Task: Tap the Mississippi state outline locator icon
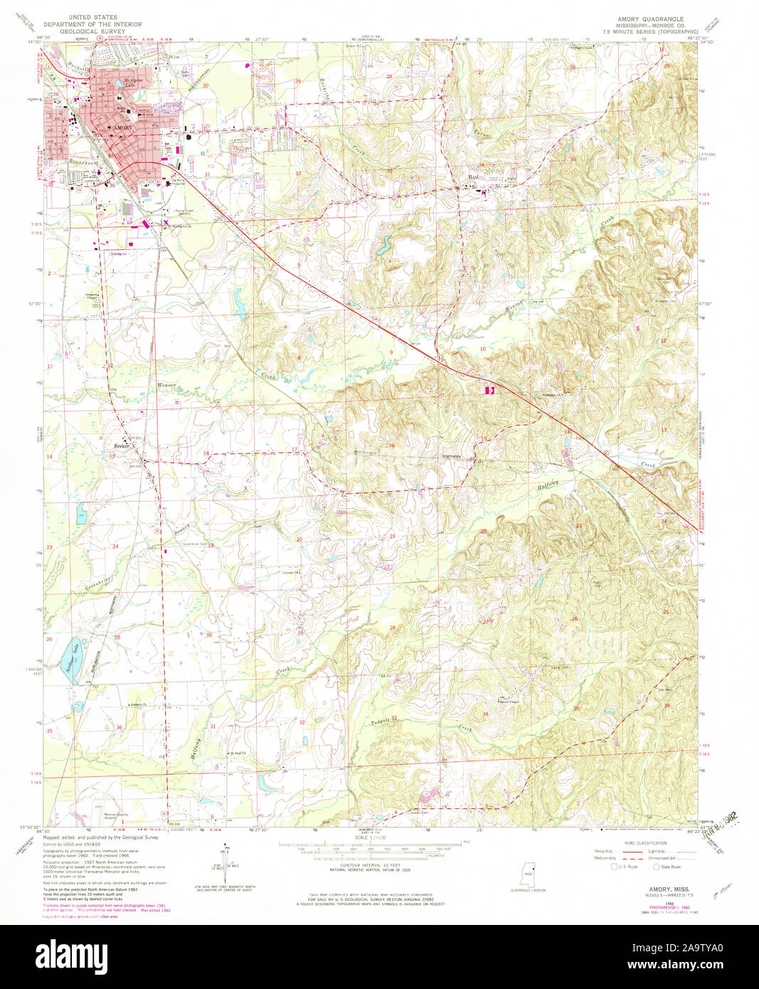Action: [x=528, y=874]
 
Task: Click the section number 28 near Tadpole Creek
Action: [x=392, y=628]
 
